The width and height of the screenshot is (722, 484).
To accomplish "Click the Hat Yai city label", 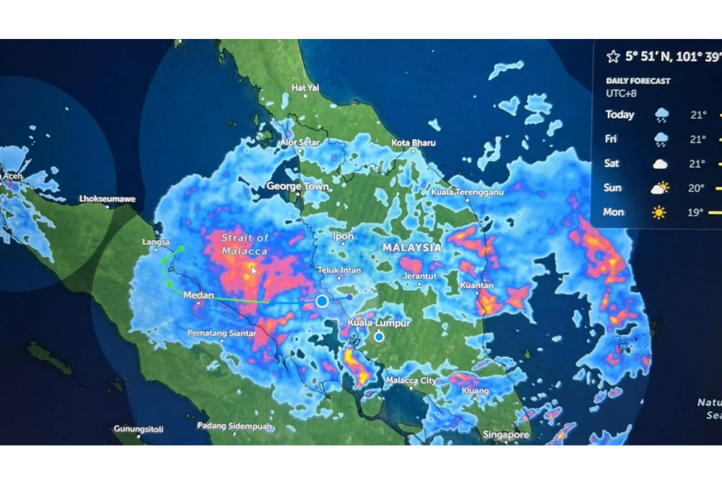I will [x=304, y=87].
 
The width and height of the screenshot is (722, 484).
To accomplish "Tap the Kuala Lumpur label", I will [x=378, y=323].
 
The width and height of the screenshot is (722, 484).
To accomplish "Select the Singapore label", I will [x=506, y=435].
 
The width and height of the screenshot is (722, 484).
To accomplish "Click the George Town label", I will [x=297, y=186].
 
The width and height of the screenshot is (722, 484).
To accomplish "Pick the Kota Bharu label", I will [x=413, y=143].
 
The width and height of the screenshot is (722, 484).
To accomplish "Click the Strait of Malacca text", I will [x=245, y=244].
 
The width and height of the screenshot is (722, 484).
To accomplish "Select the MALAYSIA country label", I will [x=412, y=247].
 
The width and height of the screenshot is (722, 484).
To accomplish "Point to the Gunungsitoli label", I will [x=138, y=429].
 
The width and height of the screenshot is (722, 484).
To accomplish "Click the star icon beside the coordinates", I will [x=613, y=56].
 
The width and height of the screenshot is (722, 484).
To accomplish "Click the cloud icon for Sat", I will [x=660, y=164].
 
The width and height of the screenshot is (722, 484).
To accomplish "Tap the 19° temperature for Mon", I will [x=697, y=212].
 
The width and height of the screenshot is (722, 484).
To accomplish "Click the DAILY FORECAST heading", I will [x=638, y=81].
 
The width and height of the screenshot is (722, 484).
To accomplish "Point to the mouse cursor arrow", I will [x=253, y=269].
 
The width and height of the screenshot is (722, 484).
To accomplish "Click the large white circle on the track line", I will [x=322, y=301].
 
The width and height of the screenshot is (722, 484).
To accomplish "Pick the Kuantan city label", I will [x=477, y=285].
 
